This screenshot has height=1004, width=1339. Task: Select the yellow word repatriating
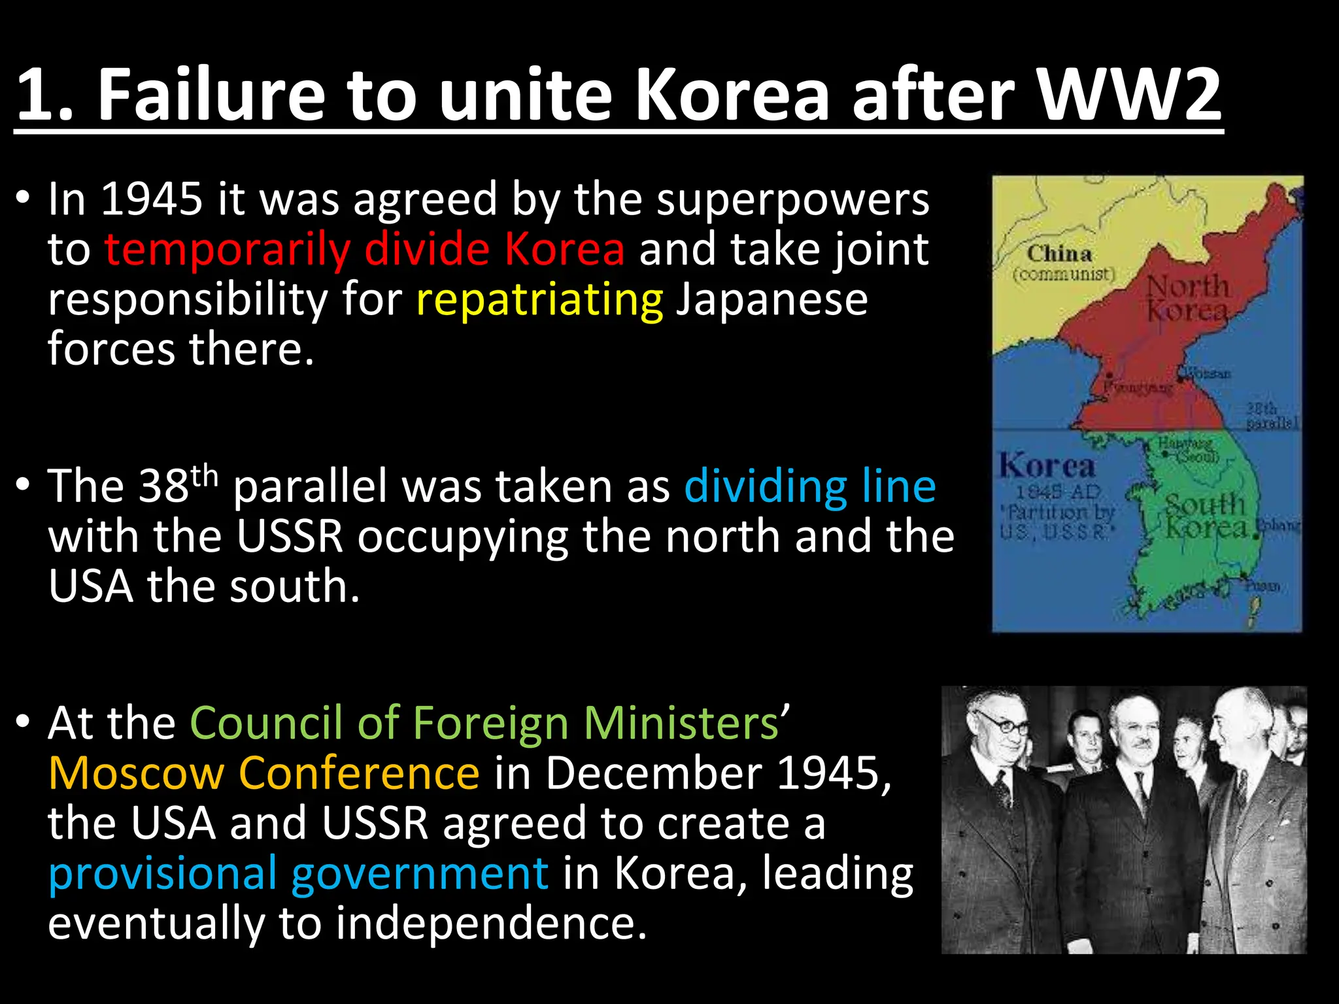pyautogui.click(x=539, y=299)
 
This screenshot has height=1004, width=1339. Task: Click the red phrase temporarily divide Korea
pyautogui.click(x=364, y=250)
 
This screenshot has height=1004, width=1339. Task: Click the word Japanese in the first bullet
pyautogui.click(x=771, y=299)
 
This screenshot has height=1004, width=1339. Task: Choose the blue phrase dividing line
pyautogui.click(x=810, y=486)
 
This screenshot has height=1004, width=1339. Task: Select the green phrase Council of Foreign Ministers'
pyautogui.click(x=490, y=723)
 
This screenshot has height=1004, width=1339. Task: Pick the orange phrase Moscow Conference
pyautogui.click(x=263, y=773)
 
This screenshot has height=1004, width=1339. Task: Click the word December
pyautogui.click(x=654, y=773)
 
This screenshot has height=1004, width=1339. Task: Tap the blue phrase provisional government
pyautogui.click(x=298, y=873)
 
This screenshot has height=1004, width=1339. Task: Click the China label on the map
pyautogui.click(x=1059, y=254)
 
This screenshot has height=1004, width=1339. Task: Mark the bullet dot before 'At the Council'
pyautogui.click(x=24, y=722)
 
